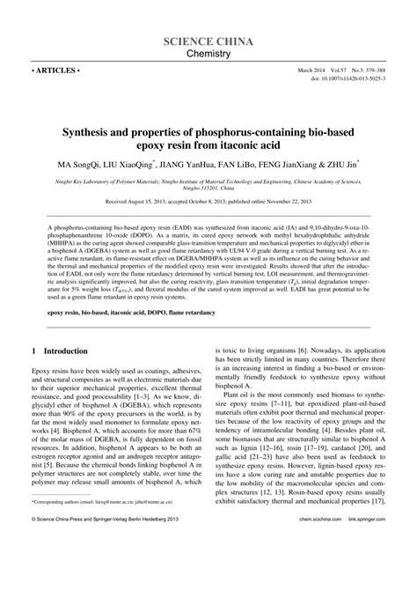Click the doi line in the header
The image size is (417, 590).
(351, 77)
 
